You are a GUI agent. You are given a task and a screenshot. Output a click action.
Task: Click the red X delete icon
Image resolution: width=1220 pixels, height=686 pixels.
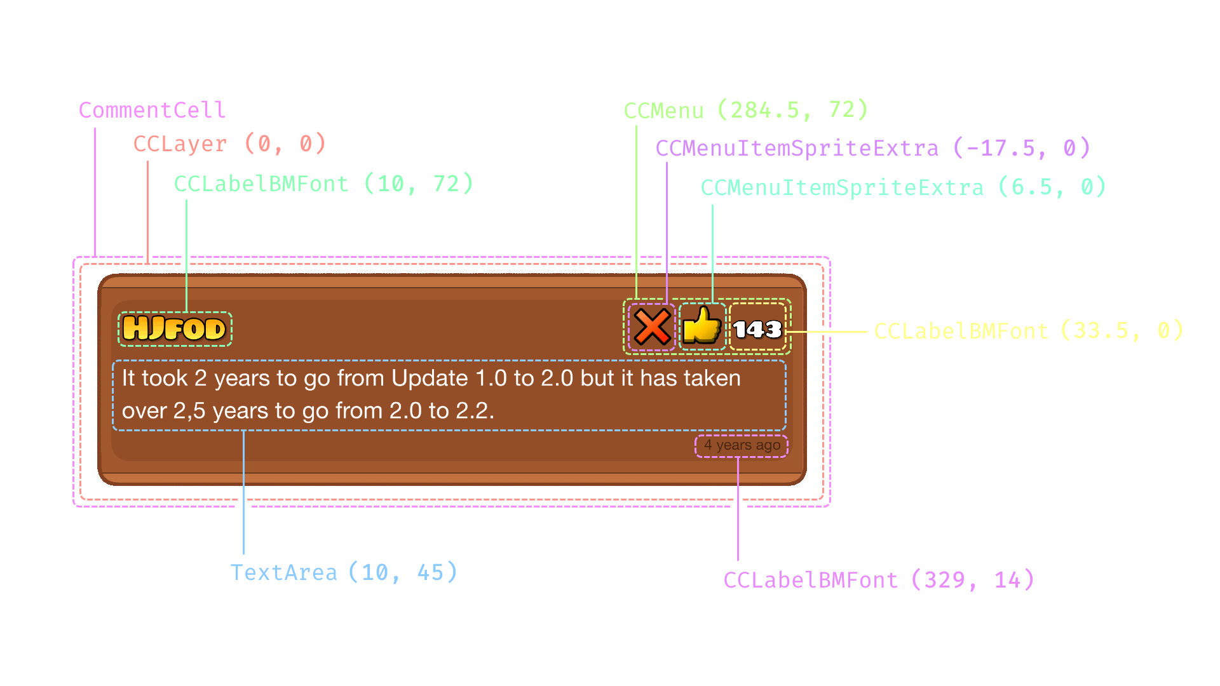[x=652, y=327]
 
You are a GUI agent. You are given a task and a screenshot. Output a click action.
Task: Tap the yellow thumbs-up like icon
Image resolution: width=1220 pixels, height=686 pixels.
[x=701, y=326]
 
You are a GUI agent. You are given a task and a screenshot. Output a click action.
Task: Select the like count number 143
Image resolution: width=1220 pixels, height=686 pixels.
[x=757, y=329]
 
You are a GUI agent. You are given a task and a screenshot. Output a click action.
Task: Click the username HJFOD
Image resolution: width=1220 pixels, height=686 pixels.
[x=174, y=328]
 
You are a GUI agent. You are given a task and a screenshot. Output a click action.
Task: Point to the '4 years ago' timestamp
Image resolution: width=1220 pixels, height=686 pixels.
[x=742, y=445]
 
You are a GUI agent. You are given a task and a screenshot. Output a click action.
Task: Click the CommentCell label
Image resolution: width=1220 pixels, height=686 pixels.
[x=152, y=110]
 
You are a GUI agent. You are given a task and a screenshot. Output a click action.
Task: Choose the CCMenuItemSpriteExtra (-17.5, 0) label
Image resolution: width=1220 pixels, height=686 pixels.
[x=872, y=148]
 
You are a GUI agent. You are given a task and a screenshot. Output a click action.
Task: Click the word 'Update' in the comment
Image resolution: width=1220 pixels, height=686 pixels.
[x=421, y=378]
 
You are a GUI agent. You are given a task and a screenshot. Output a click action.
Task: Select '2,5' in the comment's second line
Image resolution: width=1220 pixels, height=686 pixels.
[x=189, y=411]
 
